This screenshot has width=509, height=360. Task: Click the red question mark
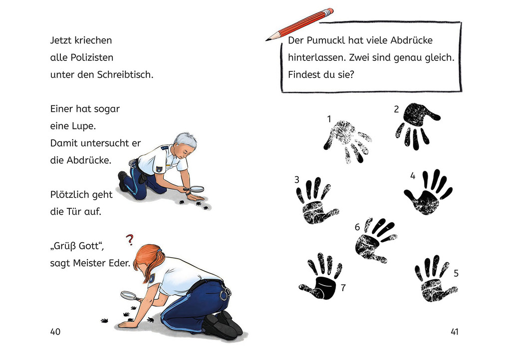tap(130, 240)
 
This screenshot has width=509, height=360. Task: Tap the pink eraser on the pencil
tap(328, 11)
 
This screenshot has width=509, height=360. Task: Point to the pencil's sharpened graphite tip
tap(267, 38)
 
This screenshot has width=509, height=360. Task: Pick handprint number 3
tap(315, 202)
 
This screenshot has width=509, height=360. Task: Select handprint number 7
tap(323, 279)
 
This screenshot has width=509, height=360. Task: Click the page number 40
tap(55, 332)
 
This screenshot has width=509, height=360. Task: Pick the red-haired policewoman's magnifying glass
tap(128, 295)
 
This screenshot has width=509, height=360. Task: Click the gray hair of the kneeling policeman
tap(185, 140)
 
